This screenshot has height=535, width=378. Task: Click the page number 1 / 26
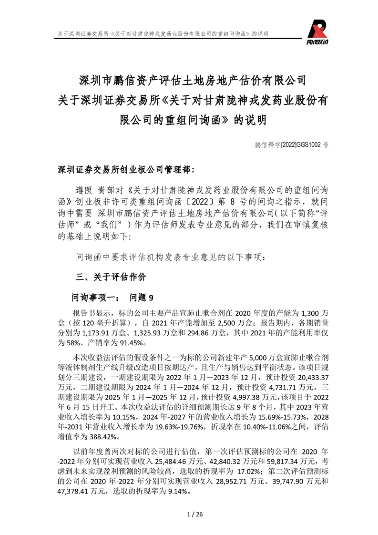(189, 514)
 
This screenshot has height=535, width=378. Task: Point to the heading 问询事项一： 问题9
(112, 298)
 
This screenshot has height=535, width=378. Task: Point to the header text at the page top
(162, 34)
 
